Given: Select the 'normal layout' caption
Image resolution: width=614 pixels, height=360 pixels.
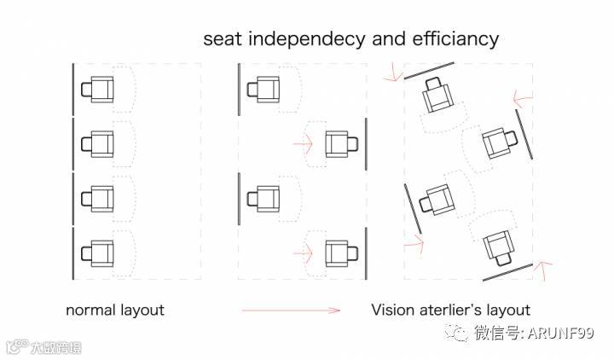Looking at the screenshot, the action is point(115,310).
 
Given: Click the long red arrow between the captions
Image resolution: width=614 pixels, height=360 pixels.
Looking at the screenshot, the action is point(291,311).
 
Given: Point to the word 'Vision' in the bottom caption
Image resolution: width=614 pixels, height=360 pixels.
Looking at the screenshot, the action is point(393,310).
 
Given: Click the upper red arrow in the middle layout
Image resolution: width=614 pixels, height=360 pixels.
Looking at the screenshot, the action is point(303,142).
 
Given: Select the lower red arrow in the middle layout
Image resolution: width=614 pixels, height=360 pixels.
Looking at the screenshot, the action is point(303,252).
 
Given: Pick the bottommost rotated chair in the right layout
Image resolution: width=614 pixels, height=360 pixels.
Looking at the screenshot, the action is point(497,248).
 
